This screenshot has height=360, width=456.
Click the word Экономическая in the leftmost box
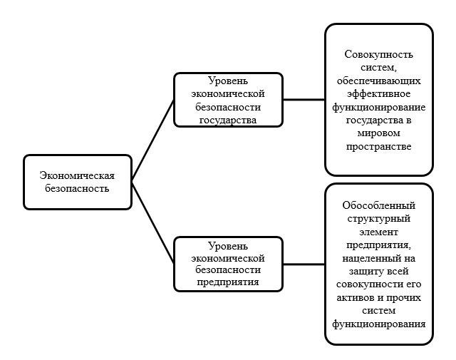(x=77, y=175)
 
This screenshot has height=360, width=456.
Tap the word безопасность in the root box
(x=75, y=188)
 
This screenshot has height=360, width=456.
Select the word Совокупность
(x=378, y=54)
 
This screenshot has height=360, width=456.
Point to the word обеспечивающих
(x=378, y=81)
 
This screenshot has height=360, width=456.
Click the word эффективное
(x=378, y=94)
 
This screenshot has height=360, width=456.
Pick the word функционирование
(x=378, y=107)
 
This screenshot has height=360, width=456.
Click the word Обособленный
(x=378, y=206)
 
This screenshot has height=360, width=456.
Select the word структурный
(x=378, y=219)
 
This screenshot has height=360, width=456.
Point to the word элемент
(x=378, y=232)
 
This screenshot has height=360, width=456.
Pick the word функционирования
(x=378, y=324)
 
